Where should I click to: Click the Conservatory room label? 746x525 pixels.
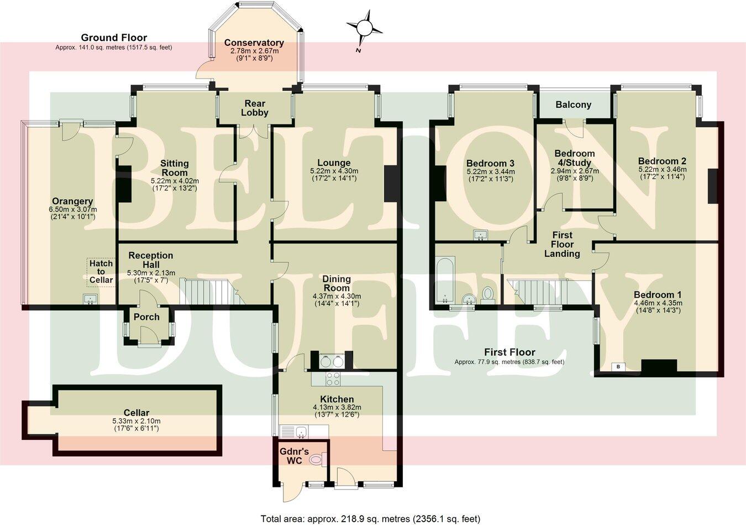click(x=254, y=43)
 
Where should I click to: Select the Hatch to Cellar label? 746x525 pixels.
click(x=101, y=272)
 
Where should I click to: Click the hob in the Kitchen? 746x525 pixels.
click(x=333, y=379)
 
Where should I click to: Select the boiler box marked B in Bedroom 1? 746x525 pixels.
click(x=618, y=367)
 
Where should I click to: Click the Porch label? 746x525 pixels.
click(x=146, y=317)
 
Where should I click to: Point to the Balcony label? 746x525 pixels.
click(x=573, y=105)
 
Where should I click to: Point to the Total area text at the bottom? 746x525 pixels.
click(x=370, y=518)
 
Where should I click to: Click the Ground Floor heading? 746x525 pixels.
click(x=114, y=38)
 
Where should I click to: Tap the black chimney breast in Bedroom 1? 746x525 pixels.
click(x=659, y=367)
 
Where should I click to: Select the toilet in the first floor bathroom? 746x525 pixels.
click(x=488, y=294)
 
